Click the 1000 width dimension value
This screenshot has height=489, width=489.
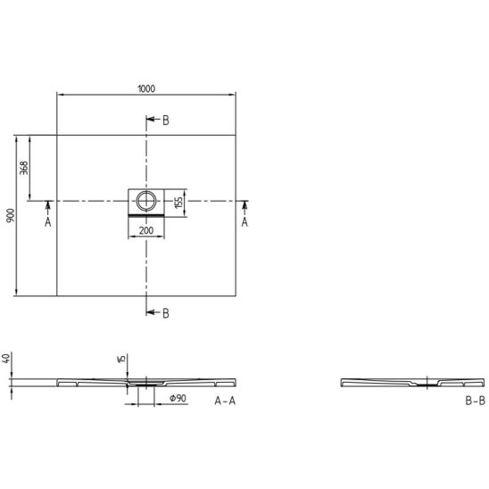click(146, 89)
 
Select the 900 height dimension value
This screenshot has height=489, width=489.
click(11, 215)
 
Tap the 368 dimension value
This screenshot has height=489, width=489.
click(24, 168)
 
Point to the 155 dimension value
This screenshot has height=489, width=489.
click(178, 203)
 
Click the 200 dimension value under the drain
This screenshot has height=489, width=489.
click(146, 230)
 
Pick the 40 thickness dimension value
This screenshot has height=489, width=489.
click(6, 359)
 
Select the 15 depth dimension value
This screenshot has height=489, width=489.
click(122, 359)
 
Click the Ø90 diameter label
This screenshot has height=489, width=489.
click(178, 398)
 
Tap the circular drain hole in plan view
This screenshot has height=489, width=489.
click(146, 201)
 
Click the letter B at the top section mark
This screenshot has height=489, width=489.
click(166, 120)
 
